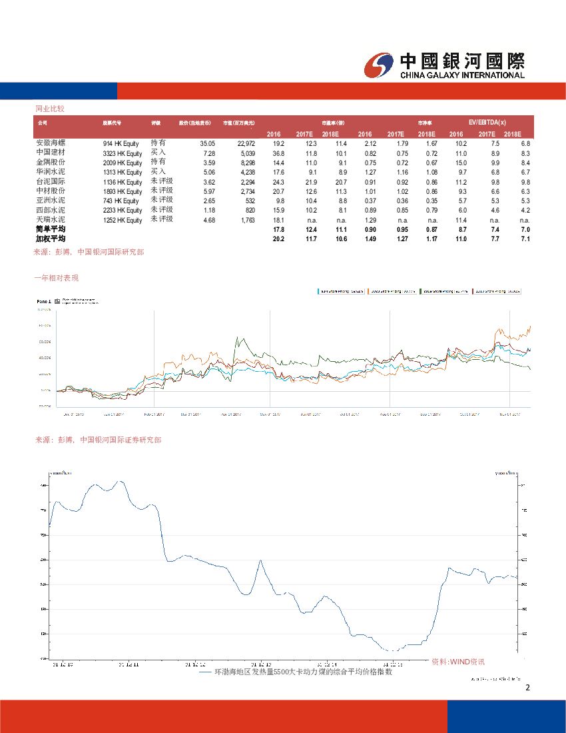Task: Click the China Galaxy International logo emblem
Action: click(380, 65)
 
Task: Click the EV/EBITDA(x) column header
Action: click(487, 123)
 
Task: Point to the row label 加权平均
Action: click(51, 238)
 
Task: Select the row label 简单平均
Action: click(51, 229)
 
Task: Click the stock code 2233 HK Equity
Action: click(123, 210)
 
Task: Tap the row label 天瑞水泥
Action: click(50, 219)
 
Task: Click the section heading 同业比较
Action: click(49, 107)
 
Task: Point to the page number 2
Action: click(527, 688)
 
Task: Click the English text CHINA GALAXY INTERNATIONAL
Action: click(462, 75)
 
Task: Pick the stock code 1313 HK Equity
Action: click(123, 172)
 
